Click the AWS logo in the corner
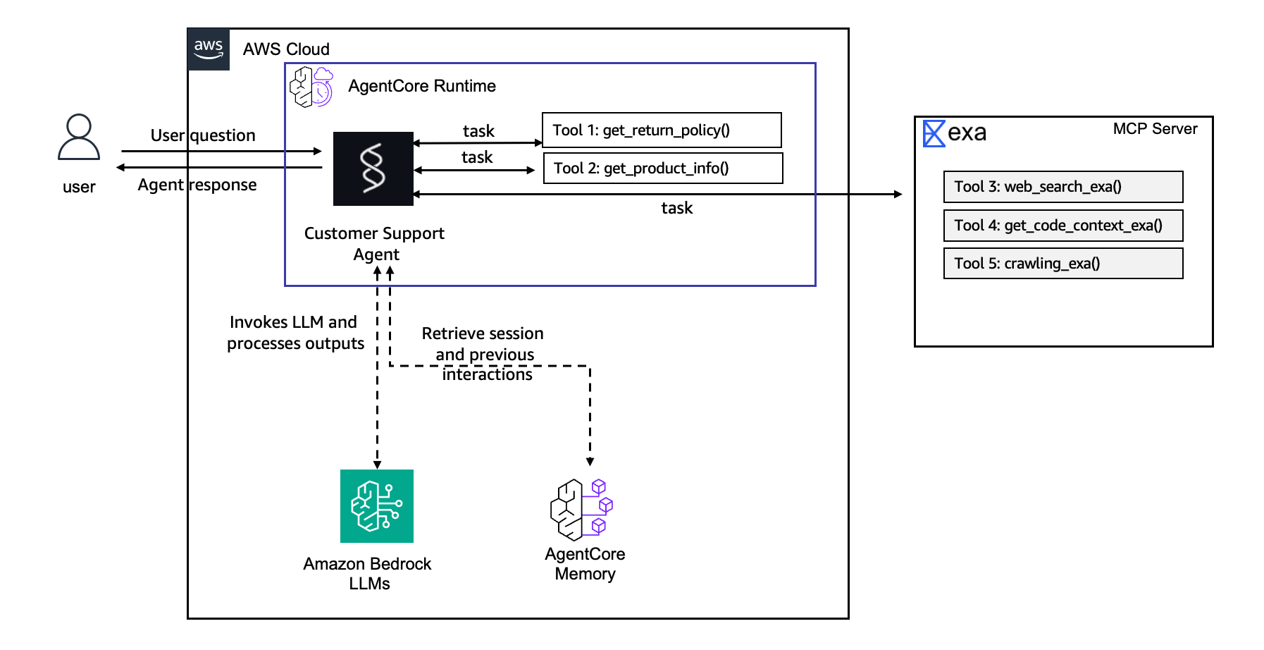(x=209, y=49)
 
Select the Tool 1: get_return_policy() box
(x=662, y=130)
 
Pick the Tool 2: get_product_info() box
(x=663, y=168)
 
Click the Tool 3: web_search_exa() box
(x=1062, y=187)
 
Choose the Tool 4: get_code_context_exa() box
(x=1062, y=226)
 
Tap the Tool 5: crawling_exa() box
(x=1062, y=264)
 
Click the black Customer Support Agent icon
(x=373, y=168)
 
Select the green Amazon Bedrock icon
(x=377, y=506)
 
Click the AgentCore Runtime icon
(x=311, y=87)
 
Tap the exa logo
(x=955, y=133)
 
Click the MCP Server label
(x=1155, y=129)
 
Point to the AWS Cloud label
(x=286, y=49)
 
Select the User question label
(x=203, y=135)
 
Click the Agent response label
(x=197, y=185)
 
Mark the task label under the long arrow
(x=676, y=208)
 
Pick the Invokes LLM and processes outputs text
(x=295, y=333)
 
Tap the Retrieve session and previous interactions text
(x=484, y=354)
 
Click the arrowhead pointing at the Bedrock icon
(x=377, y=465)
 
